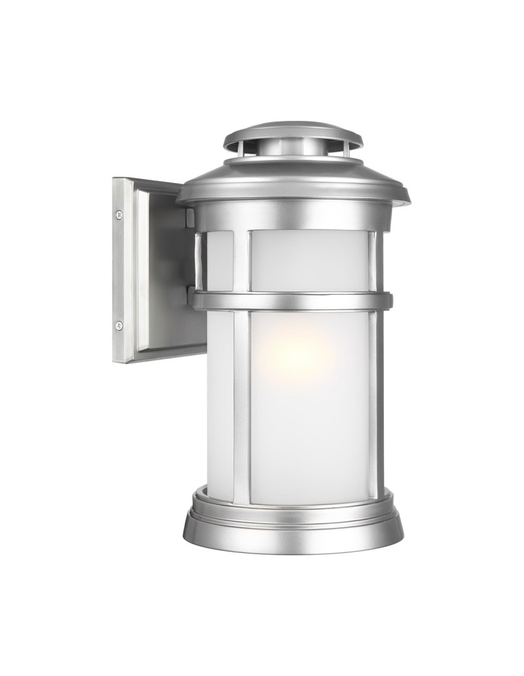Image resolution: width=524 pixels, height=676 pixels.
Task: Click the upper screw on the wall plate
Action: (x=119, y=215)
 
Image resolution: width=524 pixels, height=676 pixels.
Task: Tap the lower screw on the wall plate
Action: (x=119, y=325)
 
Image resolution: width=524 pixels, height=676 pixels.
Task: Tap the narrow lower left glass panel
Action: (x=219, y=406)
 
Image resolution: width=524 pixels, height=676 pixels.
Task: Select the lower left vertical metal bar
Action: (x=241, y=406)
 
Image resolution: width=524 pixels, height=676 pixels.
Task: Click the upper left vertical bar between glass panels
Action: (x=241, y=260)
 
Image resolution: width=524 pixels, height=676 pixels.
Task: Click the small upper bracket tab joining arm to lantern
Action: (x=191, y=218)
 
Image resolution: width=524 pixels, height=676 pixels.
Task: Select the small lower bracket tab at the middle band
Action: (x=191, y=295)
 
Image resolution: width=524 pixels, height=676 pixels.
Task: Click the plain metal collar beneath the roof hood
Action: (x=292, y=215)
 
